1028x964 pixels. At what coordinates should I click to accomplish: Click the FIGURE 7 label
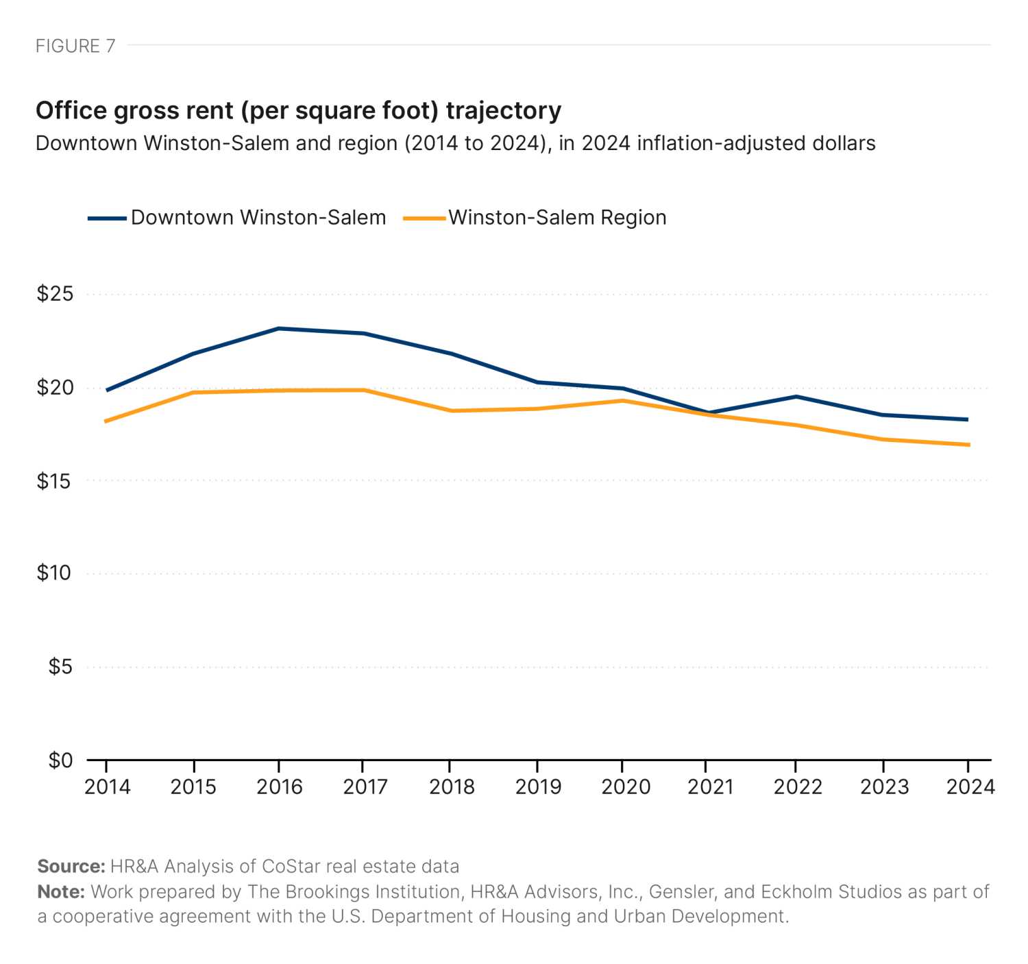(x=75, y=46)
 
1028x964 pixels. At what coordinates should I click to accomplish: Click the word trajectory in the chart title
(x=503, y=110)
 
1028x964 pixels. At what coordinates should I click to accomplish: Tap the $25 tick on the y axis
(x=55, y=294)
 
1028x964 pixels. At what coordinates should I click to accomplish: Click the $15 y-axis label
(x=55, y=481)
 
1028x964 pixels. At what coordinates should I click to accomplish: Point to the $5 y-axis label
(x=60, y=667)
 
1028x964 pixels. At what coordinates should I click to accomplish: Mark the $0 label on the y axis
(x=60, y=760)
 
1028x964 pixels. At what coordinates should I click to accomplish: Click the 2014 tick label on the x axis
(x=107, y=787)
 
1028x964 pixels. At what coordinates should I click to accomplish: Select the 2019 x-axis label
(x=538, y=787)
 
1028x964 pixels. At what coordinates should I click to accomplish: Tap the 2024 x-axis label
(x=970, y=787)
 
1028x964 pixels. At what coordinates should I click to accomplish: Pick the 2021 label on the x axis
(x=710, y=787)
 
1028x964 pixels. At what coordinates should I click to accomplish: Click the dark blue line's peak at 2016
(x=279, y=329)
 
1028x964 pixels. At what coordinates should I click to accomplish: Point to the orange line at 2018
(x=452, y=411)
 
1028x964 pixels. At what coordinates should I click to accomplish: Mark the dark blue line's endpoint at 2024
(x=967, y=419)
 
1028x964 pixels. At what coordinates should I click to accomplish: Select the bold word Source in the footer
(x=71, y=867)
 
